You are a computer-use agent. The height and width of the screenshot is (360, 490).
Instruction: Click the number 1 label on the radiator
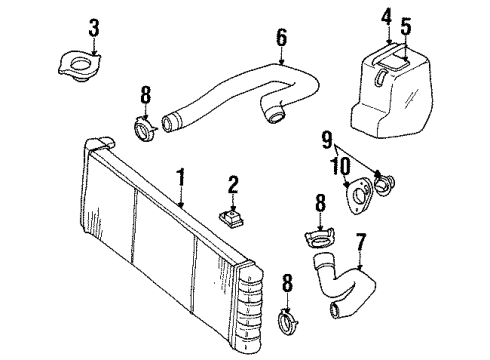tap(181, 179)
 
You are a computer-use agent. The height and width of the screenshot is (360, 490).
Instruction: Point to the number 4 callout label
tap(385, 16)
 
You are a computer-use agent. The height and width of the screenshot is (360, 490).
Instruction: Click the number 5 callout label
tap(404, 26)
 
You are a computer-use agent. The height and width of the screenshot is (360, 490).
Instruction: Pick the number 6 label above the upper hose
tap(281, 39)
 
